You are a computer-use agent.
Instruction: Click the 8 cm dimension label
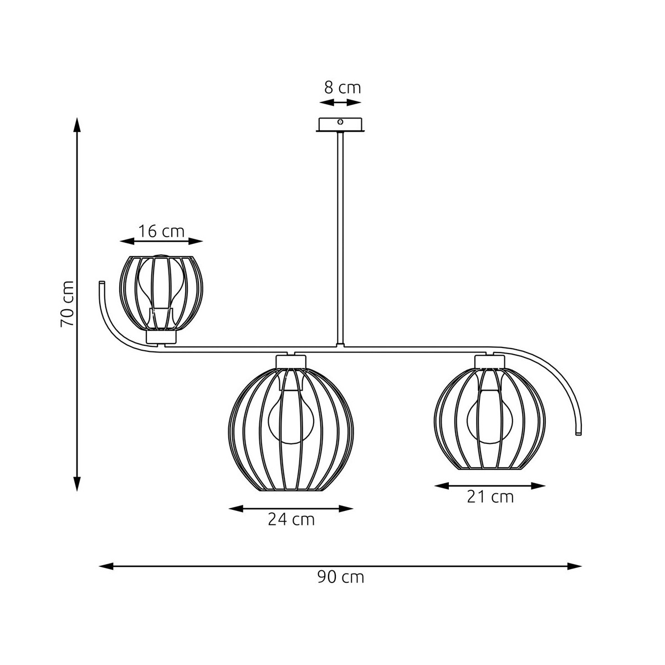coord(342,88)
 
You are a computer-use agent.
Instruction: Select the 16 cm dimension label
coord(161,231)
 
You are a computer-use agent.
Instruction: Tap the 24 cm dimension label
coord(291,519)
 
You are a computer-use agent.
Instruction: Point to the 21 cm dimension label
coord(490,497)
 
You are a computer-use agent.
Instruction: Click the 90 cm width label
coord(341,577)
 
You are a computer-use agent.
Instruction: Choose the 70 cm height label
coord(67,304)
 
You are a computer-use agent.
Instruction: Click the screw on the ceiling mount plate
coord(340,121)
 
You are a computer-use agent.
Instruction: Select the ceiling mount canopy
coord(340,125)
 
